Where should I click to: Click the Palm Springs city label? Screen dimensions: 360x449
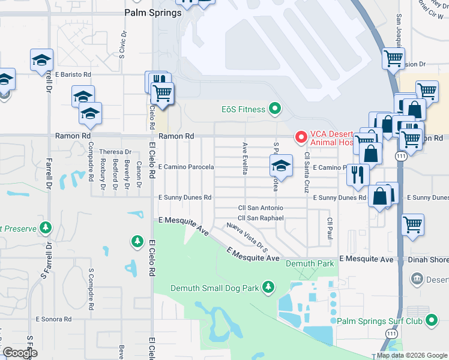[x=152, y=13]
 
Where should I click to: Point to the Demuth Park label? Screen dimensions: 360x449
[x=309, y=263]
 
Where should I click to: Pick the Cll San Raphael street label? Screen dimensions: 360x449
[x=261, y=218]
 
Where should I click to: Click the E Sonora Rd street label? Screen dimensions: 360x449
[x=53, y=319]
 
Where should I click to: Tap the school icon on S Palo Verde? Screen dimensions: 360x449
[x=280, y=165]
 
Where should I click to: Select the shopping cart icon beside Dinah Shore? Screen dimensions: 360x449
[x=412, y=225]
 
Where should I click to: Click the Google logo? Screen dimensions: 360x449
[x=20, y=353]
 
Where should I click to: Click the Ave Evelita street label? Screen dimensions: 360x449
[x=245, y=158]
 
